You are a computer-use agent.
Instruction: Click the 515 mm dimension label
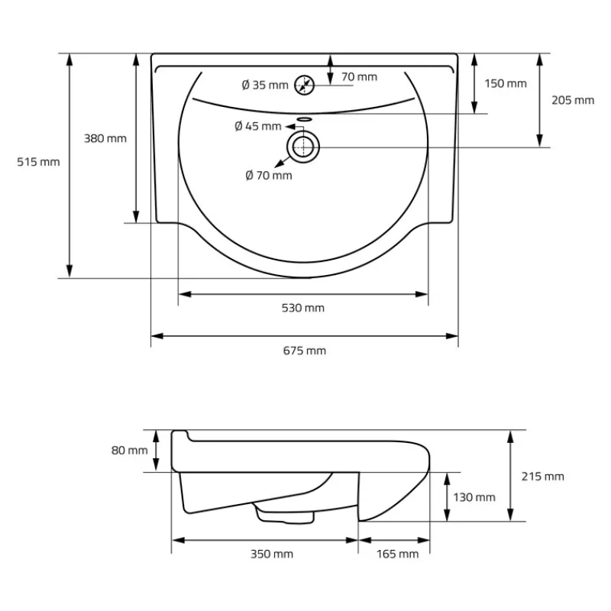click(x=38, y=161)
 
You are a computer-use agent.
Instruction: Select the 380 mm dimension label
click(x=105, y=138)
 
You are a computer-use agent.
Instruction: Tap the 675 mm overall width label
click(x=304, y=351)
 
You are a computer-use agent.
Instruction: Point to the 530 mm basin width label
click(x=303, y=308)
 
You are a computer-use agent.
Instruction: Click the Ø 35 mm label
click(x=263, y=85)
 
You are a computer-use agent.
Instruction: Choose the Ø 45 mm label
click(x=258, y=126)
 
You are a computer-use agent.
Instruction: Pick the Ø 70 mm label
click(x=269, y=176)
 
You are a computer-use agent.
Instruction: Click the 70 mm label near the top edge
click(x=359, y=76)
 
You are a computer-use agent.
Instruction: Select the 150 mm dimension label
click(x=506, y=83)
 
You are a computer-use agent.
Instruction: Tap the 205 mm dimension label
click(x=573, y=100)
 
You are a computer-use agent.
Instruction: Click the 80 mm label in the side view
click(x=129, y=450)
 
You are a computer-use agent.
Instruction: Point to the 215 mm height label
click(x=543, y=476)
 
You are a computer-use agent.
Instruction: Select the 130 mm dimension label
click(x=474, y=497)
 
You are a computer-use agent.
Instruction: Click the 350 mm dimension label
click(x=272, y=554)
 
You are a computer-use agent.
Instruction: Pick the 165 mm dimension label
click(x=398, y=554)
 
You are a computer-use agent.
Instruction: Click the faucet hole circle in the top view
click(x=304, y=85)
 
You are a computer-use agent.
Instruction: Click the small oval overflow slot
click(x=304, y=119)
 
